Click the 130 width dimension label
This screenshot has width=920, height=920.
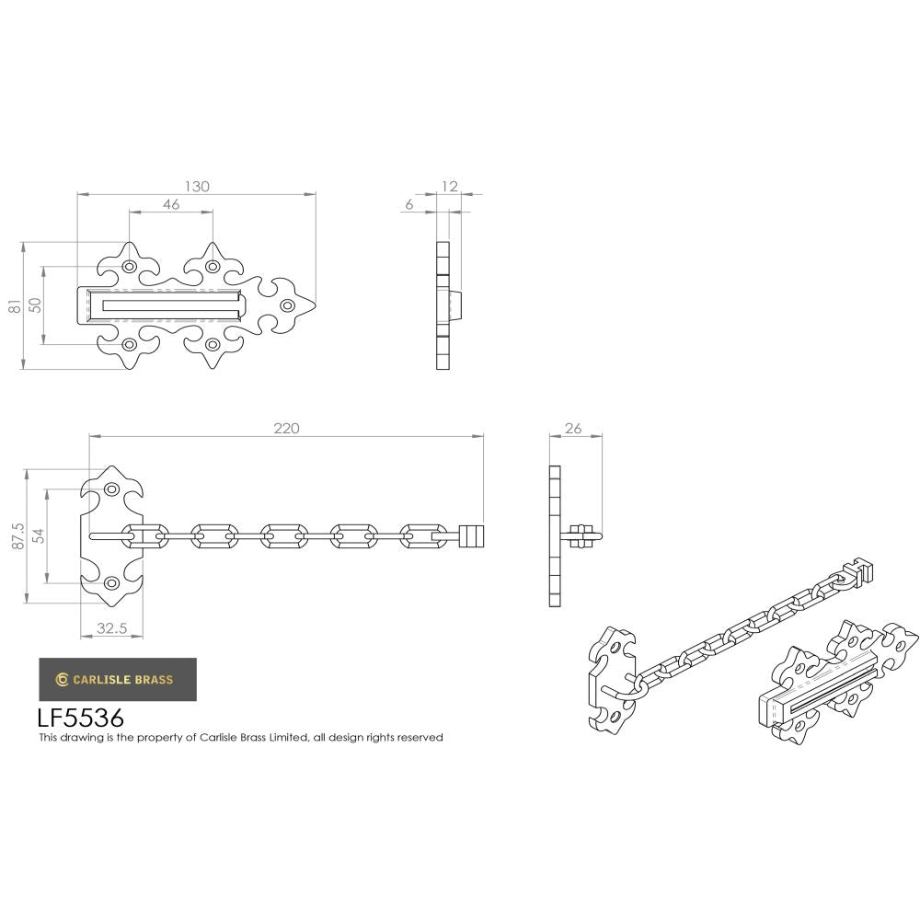(x=197, y=186)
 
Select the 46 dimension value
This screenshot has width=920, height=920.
(x=170, y=205)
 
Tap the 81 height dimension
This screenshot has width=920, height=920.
(x=15, y=307)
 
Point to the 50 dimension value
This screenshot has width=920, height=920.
(x=35, y=306)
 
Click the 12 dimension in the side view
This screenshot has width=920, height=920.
(x=449, y=187)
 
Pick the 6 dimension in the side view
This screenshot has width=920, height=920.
(x=408, y=205)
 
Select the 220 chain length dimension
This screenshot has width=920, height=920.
(x=287, y=428)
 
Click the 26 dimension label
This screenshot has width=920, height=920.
(x=572, y=428)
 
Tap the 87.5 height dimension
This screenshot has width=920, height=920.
(x=17, y=537)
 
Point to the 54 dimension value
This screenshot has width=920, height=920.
(x=38, y=536)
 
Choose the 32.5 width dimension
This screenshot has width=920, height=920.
(x=111, y=630)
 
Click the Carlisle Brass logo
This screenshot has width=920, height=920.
(x=117, y=680)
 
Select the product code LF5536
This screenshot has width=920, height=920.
(x=80, y=717)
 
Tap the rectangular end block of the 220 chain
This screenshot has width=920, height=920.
(x=470, y=535)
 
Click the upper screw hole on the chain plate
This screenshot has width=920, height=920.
(x=112, y=490)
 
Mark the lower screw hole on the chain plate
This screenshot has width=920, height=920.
(x=112, y=583)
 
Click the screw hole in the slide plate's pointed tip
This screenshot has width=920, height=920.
(x=287, y=305)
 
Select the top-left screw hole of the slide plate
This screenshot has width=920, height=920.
(x=129, y=267)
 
